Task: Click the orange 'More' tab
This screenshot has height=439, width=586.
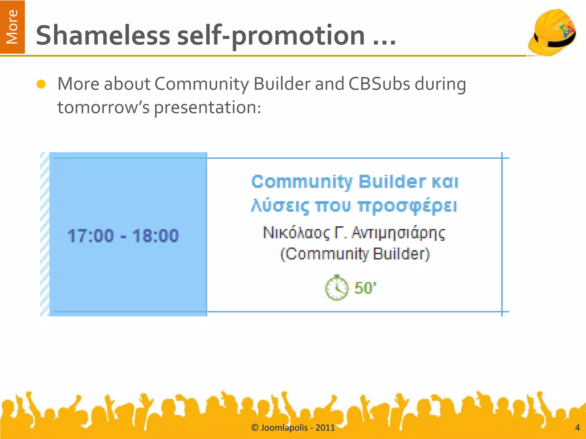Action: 12,27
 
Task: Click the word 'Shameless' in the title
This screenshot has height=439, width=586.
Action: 103,35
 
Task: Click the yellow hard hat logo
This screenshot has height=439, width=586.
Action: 552,32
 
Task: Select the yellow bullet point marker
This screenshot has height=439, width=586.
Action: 41,84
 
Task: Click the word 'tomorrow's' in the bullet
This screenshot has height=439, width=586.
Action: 103,108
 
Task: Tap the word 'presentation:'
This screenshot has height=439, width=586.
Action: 208,108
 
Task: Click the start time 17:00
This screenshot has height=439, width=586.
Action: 91,236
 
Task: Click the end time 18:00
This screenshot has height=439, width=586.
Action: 155,236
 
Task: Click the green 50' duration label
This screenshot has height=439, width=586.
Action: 365,288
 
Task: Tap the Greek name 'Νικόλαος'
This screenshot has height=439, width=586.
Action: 296,233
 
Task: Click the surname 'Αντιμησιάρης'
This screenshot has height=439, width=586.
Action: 398,233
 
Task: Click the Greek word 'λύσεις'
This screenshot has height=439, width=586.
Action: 280,206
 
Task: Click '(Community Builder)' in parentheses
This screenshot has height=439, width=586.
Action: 355,254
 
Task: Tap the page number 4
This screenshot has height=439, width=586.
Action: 577,428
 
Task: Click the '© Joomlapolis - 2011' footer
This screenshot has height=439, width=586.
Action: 293,428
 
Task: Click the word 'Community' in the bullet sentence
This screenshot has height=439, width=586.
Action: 202,84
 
